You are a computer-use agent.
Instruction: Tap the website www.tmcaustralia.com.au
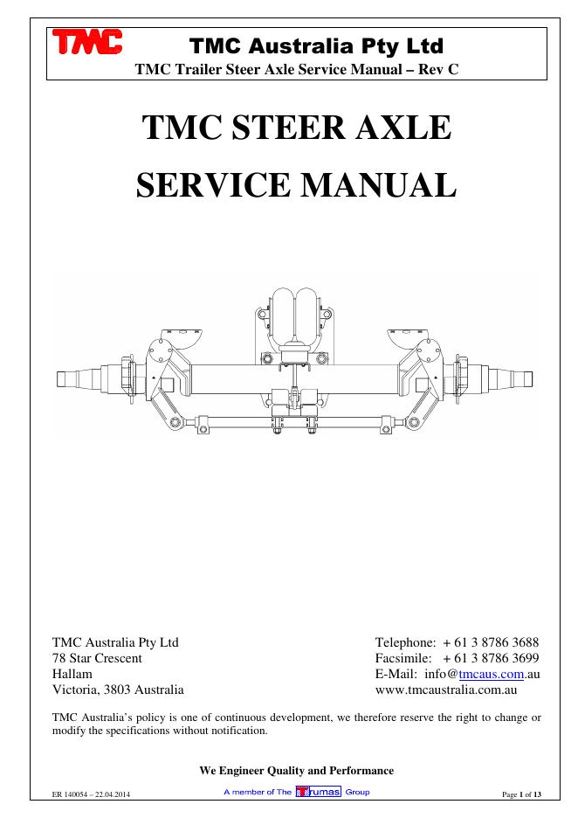[446, 690]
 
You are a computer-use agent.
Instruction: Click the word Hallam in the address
[72, 674]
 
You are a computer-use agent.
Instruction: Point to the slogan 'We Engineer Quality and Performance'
[297, 770]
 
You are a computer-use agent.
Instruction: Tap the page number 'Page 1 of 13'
[523, 794]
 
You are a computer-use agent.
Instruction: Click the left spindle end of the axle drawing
[74, 378]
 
